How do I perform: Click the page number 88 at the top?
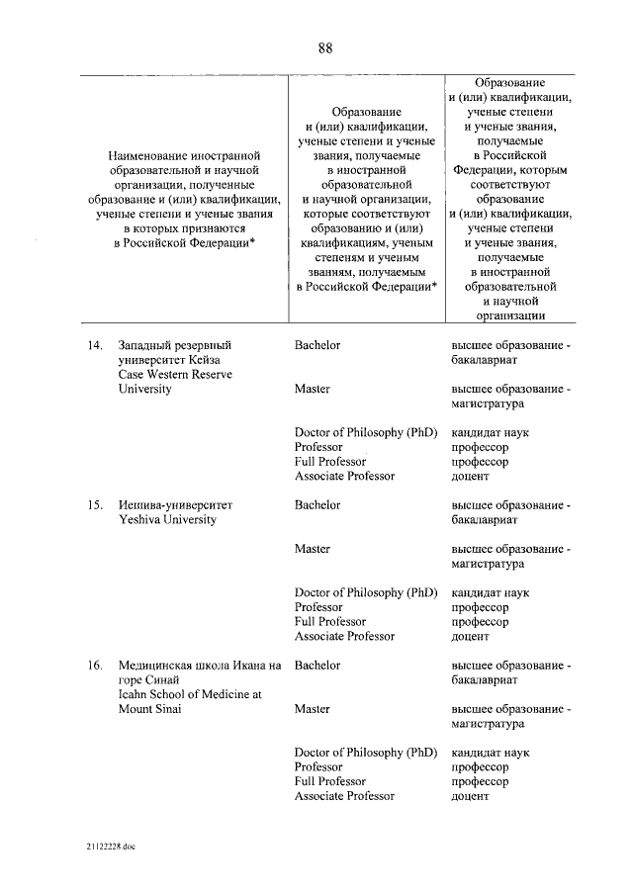[x=324, y=47]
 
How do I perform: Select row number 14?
[x=95, y=345]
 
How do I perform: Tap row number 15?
[x=95, y=505]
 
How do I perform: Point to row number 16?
[x=95, y=666]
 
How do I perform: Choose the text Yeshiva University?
[x=166, y=520]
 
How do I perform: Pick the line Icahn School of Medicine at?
[x=189, y=695]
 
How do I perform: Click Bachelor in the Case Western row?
[x=317, y=345]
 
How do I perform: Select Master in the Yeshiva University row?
[x=313, y=549]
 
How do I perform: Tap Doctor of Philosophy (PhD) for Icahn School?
[x=365, y=753]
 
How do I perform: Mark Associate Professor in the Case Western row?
[x=344, y=476]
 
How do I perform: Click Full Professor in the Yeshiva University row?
[x=330, y=622]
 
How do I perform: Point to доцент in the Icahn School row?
[x=471, y=796]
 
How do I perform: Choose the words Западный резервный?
[x=174, y=345]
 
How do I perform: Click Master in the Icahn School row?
[x=313, y=709]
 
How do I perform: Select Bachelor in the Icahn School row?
[x=317, y=666]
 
